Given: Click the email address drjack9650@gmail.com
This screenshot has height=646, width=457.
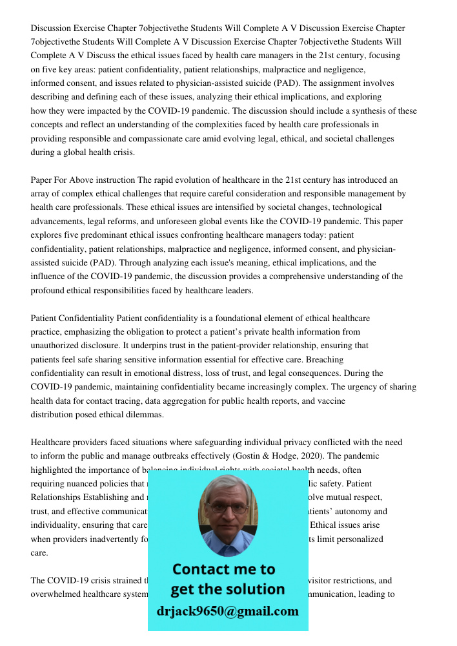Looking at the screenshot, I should tap(227, 611).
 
